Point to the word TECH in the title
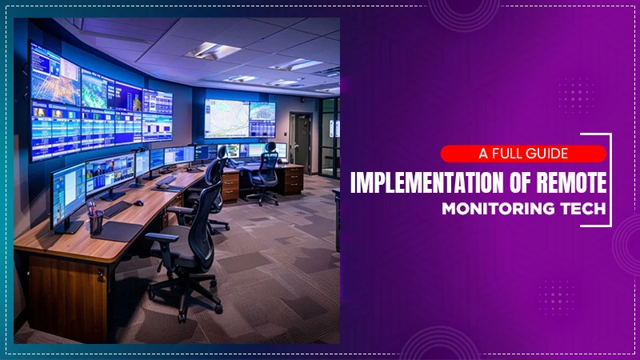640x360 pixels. pyautogui.click(x=582, y=209)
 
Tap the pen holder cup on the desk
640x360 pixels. pyautogui.click(x=96, y=222)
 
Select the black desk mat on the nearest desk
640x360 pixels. pyautogui.click(x=114, y=231)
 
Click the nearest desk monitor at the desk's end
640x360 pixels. pyautogui.click(x=68, y=196)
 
